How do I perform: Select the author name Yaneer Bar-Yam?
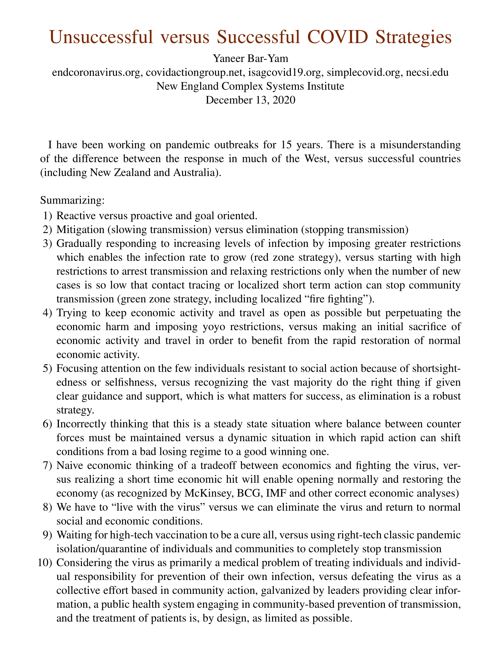point(250,58)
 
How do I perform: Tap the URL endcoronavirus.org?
point(96,73)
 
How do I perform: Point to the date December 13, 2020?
point(250,100)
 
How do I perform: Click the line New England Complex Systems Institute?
point(250,86)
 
